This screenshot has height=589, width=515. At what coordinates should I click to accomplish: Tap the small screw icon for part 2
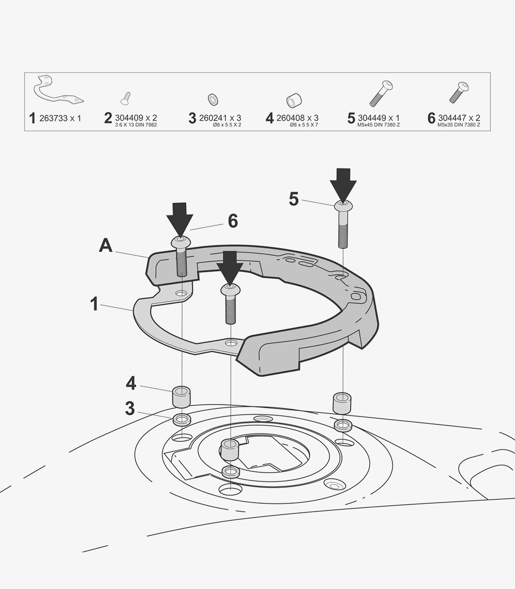[x=126, y=98]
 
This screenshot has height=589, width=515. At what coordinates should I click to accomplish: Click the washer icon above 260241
[x=213, y=99]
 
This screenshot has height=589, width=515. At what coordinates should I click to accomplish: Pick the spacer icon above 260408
[x=294, y=101]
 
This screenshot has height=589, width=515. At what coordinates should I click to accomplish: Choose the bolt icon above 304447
[x=459, y=92]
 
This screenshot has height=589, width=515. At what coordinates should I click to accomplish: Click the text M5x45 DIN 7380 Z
[x=378, y=125]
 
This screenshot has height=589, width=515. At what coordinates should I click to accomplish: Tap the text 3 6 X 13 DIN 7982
[x=136, y=125]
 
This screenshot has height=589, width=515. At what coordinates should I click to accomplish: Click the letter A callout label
[x=106, y=246]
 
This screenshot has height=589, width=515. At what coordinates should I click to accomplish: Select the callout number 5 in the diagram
[x=294, y=199]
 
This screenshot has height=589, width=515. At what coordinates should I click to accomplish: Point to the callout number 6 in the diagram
[x=233, y=221]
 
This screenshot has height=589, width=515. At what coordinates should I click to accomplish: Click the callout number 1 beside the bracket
[x=94, y=304]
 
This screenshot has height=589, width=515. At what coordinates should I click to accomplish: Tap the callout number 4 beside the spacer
[x=131, y=383]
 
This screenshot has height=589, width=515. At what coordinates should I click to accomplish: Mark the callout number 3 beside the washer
[x=130, y=409]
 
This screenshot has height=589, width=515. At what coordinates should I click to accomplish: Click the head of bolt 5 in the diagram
[x=343, y=205]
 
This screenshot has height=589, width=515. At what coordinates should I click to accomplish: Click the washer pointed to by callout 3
[x=182, y=420]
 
